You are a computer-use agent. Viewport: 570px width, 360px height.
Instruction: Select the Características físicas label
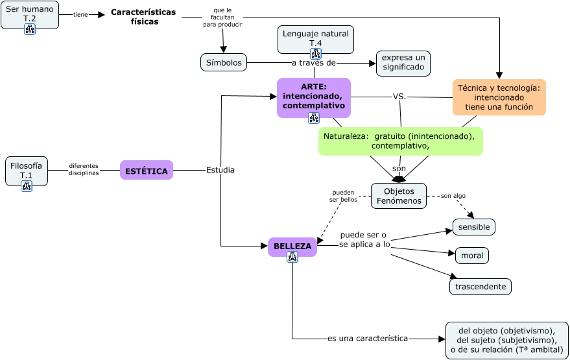(144, 17)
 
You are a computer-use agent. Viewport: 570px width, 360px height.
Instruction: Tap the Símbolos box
(224, 62)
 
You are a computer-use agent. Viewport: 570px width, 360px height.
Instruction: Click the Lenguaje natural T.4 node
(316, 38)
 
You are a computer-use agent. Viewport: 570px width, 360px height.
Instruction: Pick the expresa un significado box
(403, 62)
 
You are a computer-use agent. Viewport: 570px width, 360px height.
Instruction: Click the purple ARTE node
(314, 96)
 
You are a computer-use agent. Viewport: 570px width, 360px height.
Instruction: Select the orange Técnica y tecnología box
(499, 97)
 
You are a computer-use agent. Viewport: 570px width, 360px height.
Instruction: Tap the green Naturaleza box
(400, 141)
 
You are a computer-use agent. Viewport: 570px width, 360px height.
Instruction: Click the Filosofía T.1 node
(27, 171)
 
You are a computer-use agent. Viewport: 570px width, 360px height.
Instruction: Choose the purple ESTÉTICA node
(147, 171)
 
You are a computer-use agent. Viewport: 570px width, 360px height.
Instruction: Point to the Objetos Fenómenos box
(399, 196)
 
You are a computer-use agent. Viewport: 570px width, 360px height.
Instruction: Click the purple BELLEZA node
(292, 246)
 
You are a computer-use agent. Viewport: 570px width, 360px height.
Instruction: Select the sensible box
(474, 227)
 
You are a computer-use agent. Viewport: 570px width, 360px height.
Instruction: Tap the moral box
(472, 256)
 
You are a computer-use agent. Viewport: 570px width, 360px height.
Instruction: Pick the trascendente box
(481, 287)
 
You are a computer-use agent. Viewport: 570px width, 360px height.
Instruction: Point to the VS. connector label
(399, 97)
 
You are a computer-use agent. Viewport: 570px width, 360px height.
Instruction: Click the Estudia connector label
(220, 170)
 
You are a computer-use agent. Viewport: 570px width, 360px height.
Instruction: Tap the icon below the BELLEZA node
(292, 257)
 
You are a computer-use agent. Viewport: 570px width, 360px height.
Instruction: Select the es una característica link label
(368, 339)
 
